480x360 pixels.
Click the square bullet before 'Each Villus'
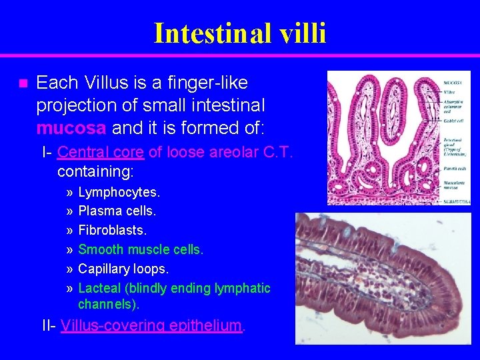point(22,84)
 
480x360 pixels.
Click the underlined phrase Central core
point(100,152)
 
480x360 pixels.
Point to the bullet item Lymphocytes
point(119,193)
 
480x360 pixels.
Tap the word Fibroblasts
point(112,230)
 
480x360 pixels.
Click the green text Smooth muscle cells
point(141,249)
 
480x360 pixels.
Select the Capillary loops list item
point(123,269)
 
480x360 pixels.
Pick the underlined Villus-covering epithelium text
point(151,325)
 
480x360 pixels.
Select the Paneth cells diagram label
point(455,168)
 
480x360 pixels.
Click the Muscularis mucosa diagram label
point(455,183)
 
